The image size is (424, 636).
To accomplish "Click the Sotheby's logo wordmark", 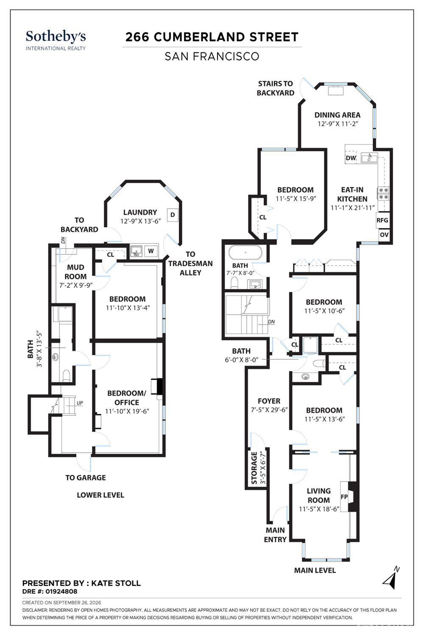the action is tap(56, 37).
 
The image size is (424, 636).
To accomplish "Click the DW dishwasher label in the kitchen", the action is tap(351, 158).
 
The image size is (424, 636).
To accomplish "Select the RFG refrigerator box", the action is tap(382, 220).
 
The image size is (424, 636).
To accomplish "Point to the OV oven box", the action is tap(384, 235).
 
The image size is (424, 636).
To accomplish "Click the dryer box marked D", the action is tap(173, 215).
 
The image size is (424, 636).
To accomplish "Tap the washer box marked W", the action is tap(151, 251).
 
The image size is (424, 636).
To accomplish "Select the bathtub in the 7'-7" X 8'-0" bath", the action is tap(245, 252).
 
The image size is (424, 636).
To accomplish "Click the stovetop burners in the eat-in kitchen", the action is tap(383, 193).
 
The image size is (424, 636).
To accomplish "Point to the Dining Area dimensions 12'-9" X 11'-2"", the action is tap(338, 124).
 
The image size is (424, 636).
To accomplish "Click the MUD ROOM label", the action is tap(75, 272).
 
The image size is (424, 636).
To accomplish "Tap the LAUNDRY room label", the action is tap(140, 212).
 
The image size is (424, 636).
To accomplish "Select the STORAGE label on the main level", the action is tap(254, 468).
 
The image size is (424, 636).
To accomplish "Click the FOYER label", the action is tap(269, 401).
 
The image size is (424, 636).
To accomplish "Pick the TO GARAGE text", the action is tap(86, 477).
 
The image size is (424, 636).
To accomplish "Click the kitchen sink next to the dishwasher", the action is tap(369, 158).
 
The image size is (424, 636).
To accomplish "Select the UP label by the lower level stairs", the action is tap(80, 403).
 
